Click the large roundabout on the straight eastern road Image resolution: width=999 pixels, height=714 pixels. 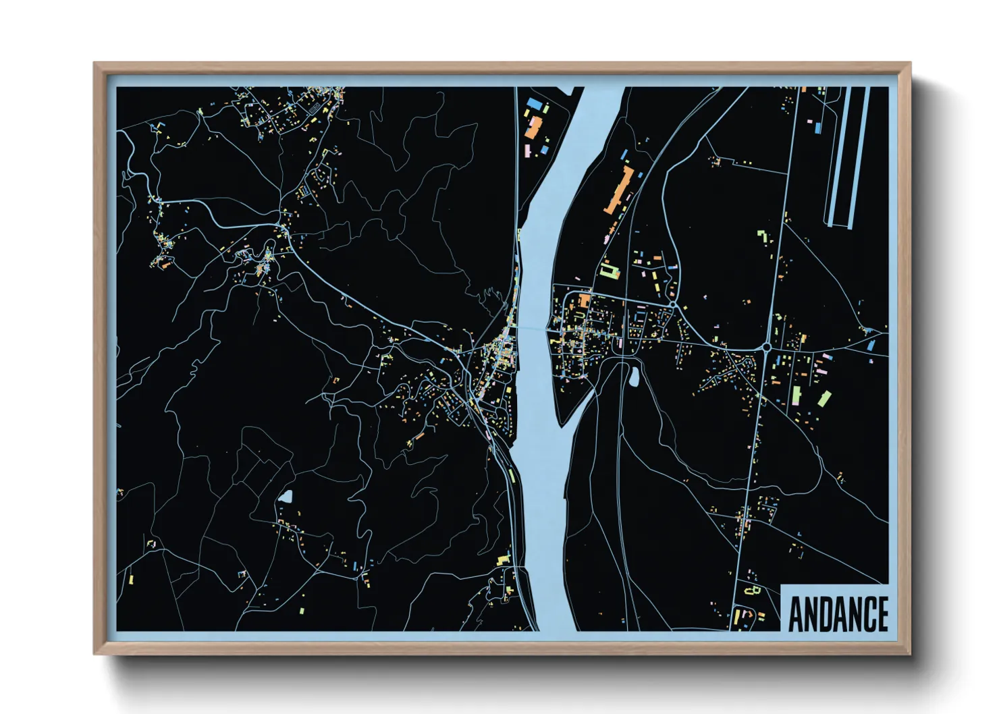click(x=767, y=348)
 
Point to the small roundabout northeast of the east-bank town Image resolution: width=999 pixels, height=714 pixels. click(x=674, y=305)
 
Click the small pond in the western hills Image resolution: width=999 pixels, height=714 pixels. click(x=286, y=498)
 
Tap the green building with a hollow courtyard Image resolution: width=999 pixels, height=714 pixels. click(x=610, y=270)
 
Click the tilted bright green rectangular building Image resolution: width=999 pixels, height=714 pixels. click(x=824, y=398)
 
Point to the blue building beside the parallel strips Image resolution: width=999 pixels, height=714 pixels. click(x=818, y=126)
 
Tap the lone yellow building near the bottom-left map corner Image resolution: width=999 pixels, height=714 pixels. click(x=131, y=578)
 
